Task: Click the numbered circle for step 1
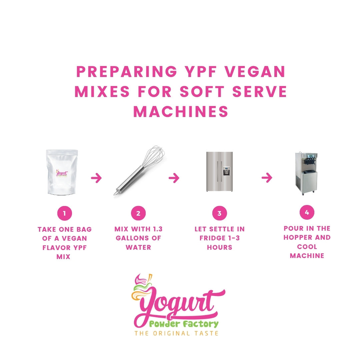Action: coord(65,213)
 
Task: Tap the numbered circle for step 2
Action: coord(138,213)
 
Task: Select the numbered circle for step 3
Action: coord(219,213)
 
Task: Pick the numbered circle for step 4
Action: coord(307,212)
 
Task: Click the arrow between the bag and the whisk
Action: coord(96,178)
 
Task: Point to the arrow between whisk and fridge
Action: coord(174,178)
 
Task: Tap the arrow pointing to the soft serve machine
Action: coord(267,177)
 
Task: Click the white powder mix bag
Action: coord(62,172)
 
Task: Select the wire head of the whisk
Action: coord(153,156)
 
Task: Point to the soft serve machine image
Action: coord(306,173)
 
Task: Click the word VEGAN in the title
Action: coord(255,71)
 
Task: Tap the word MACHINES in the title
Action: coord(181,112)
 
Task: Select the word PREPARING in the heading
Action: coord(127,71)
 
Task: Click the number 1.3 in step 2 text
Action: coord(158,229)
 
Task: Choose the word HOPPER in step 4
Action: coord(298,237)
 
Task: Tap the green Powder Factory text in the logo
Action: coord(184,324)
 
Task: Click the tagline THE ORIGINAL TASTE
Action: coord(176,333)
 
